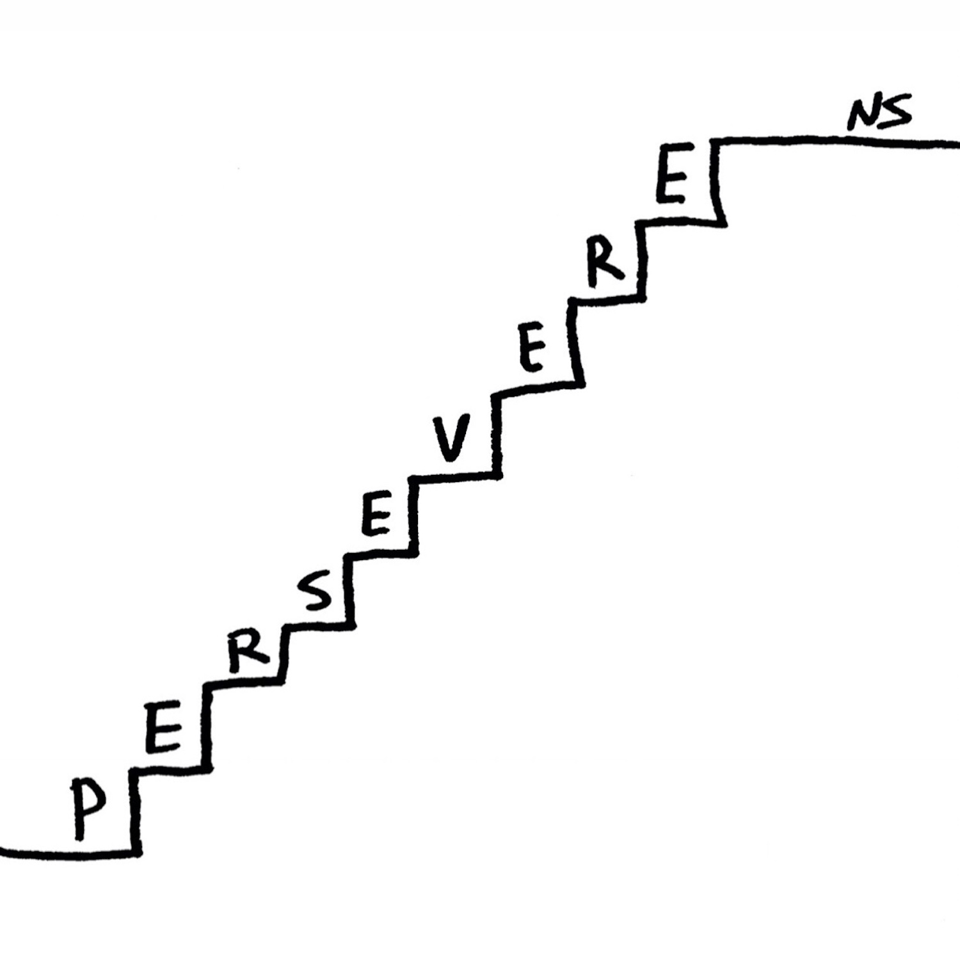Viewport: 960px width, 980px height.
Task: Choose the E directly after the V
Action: (532, 353)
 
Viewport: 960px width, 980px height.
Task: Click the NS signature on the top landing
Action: (879, 113)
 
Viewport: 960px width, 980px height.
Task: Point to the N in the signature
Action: (863, 116)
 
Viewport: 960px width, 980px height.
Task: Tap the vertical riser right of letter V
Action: (497, 435)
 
